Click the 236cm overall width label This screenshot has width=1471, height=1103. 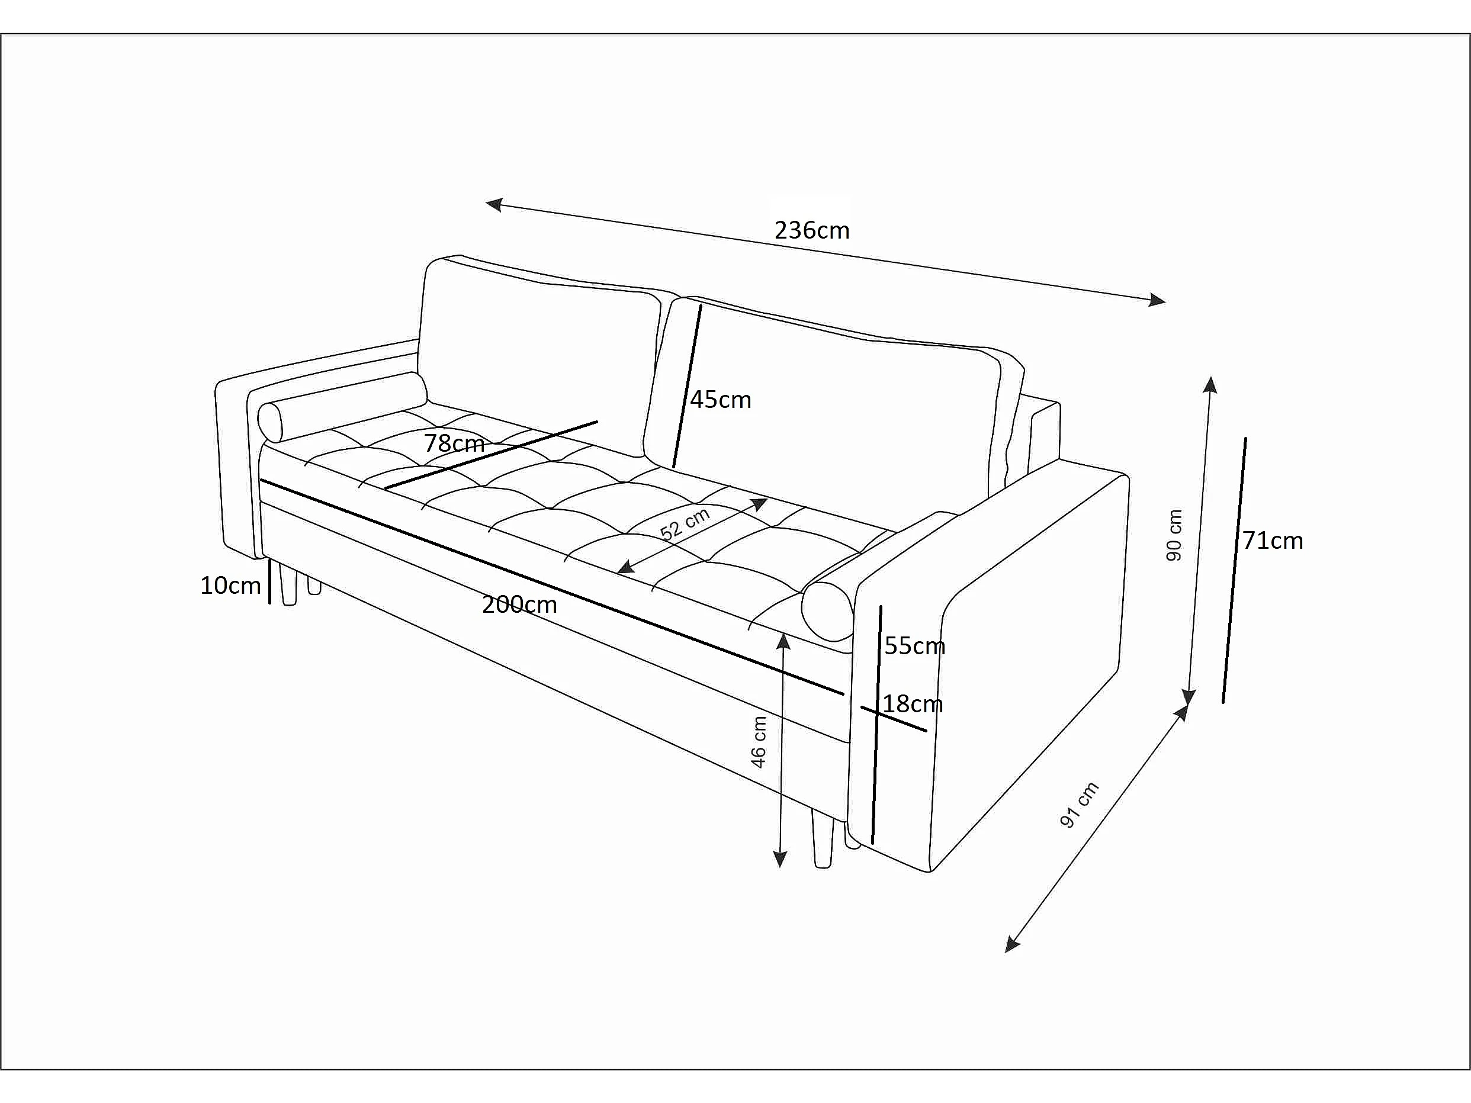[812, 230]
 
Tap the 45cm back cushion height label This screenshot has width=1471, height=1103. [720, 400]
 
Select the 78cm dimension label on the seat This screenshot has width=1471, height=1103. [455, 443]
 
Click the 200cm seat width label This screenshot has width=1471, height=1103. [519, 604]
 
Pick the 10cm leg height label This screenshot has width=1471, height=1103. [230, 585]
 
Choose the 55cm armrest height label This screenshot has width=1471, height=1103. [914, 645]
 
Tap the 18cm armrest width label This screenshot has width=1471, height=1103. [913, 703]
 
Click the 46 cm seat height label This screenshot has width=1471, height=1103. [758, 742]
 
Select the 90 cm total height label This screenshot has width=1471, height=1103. [1174, 535]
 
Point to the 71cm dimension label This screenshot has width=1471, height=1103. [1273, 541]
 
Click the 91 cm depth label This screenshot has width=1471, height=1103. [1078, 805]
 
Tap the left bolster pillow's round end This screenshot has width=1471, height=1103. [270, 422]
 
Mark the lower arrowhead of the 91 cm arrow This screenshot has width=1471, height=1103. [1011, 945]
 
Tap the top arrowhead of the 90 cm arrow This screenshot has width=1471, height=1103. [1211, 385]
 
